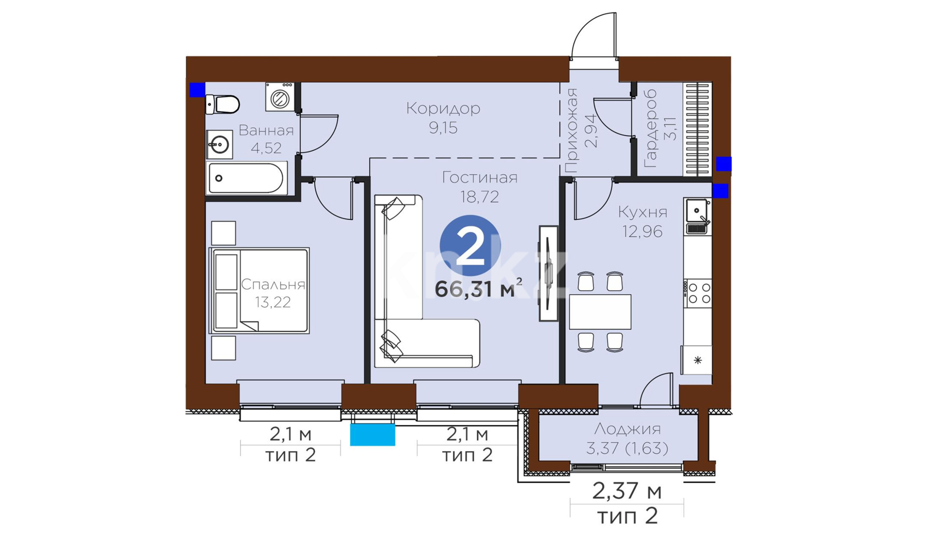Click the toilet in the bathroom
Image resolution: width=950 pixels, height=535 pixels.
[223, 104]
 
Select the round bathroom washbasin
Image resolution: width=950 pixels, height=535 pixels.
[219, 145]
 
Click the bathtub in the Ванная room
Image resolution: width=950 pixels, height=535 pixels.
[246, 178]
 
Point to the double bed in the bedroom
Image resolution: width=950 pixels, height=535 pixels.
[259, 290]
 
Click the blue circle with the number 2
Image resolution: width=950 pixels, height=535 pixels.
[470, 246]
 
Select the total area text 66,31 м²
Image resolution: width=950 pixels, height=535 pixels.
[478, 289]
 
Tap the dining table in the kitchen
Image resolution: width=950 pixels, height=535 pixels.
[600, 312]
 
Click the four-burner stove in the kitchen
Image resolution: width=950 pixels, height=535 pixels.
[698, 293]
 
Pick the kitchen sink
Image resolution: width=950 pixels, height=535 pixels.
[698, 216]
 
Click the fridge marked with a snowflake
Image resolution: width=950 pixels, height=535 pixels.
[697, 360]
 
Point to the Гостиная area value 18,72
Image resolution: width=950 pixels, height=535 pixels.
[479, 197]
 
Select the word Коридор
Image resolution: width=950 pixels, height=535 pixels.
[443, 108]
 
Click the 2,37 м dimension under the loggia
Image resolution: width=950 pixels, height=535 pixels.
[627, 491]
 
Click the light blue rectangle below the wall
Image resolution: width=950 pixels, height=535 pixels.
[373, 435]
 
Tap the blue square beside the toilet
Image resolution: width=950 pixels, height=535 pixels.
[197, 90]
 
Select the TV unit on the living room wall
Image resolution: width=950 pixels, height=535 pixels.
[548, 273]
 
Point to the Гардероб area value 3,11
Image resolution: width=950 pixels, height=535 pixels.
[670, 129]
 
